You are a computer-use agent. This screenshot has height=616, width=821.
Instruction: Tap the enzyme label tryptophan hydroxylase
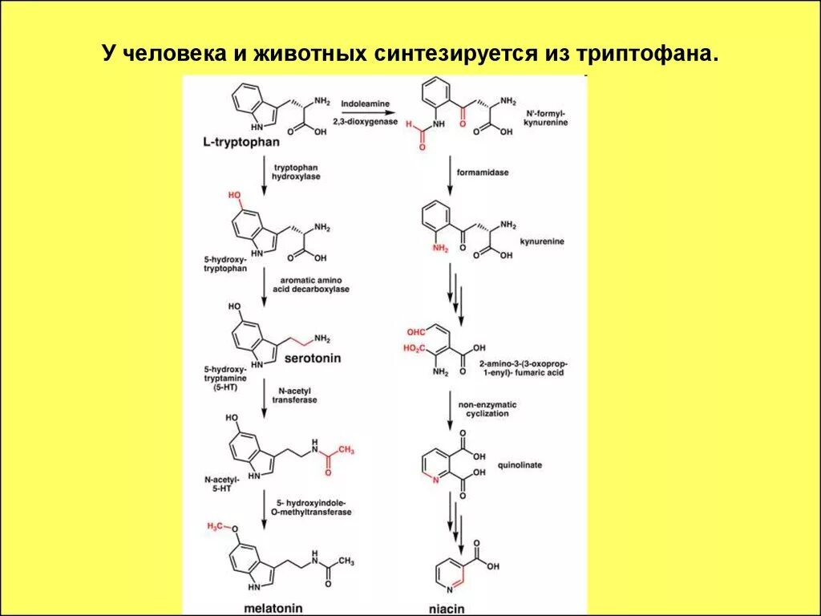pyautogui.click(x=297, y=172)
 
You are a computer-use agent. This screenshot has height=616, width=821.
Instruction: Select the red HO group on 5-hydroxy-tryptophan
pyautogui.click(x=234, y=195)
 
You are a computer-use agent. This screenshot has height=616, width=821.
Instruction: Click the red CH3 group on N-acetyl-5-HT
pyautogui.click(x=346, y=451)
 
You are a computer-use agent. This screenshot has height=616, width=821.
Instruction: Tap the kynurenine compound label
pyautogui.click(x=543, y=240)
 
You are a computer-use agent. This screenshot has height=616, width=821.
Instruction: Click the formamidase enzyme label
pyautogui.click(x=483, y=172)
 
